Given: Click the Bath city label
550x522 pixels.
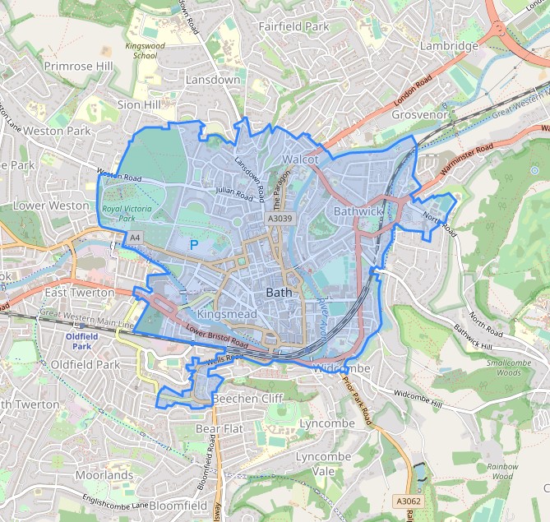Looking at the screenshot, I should point(280,293).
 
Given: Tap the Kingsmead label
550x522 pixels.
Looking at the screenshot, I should point(228,314).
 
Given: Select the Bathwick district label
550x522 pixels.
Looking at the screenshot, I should point(359,211).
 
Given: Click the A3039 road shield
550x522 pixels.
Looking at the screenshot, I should point(280,219).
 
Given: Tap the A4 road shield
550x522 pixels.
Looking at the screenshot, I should point(133,238).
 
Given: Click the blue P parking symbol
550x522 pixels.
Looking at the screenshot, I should point(194,245).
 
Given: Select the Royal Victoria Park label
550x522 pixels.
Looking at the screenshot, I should point(127,214).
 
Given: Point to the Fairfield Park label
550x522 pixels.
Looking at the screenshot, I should point(293,26).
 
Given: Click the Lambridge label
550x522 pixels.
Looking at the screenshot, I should point(449,46).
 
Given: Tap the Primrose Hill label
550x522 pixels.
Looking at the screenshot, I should point(79,66).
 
